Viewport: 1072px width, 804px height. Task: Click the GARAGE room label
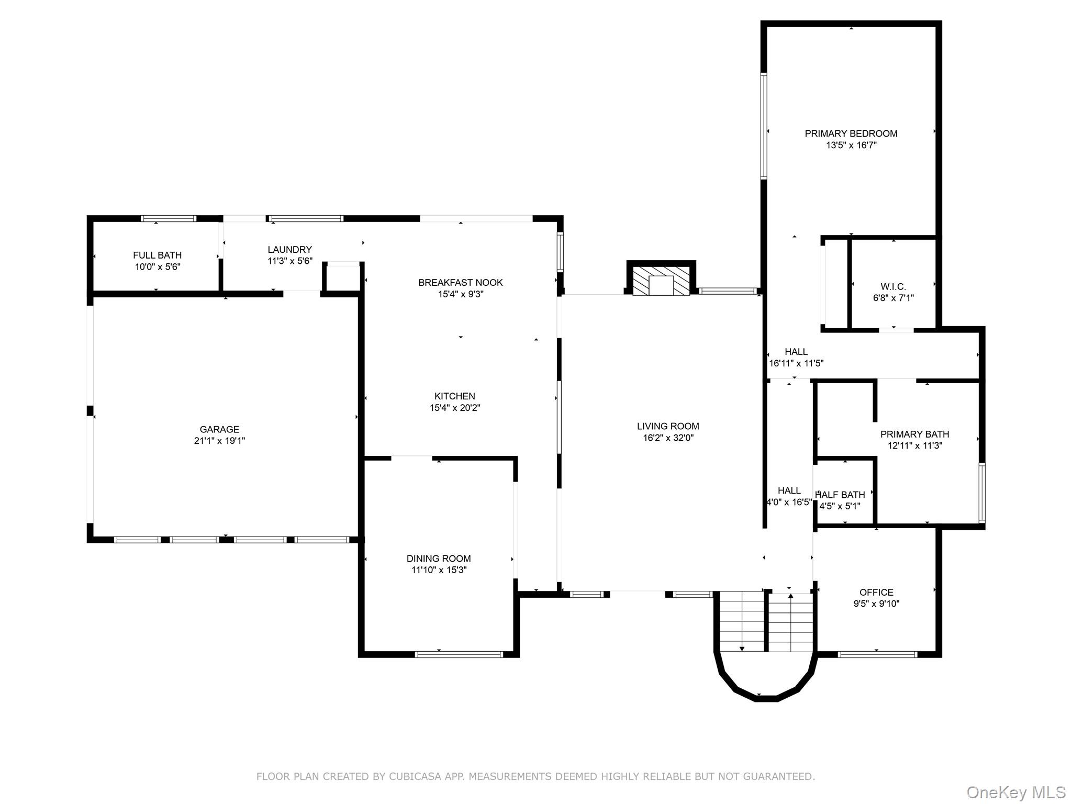tap(219, 429)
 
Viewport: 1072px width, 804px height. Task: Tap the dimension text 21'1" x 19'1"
tap(219, 441)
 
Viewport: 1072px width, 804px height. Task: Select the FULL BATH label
tap(157, 255)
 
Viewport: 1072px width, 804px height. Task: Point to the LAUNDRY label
tap(289, 250)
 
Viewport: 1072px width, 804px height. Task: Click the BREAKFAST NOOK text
tap(460, 283)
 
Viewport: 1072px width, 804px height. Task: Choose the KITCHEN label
tap(454, 396)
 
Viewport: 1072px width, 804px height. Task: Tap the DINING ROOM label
tap(439, 559)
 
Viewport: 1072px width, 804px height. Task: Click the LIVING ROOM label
tap(668, 426)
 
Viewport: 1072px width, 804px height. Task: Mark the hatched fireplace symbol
tap(661, 282)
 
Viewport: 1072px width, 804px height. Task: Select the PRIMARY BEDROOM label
tap(851, 133)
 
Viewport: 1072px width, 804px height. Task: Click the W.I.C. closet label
tap(893, 286)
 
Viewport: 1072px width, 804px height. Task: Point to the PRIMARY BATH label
tap(914, 434)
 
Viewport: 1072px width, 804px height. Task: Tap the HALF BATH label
tap(841, 495)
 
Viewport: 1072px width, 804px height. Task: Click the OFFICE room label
tap(876, 592)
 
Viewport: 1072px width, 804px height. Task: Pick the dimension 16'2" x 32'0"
tap(668, 438)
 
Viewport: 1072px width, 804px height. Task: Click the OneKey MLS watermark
tap(1015, 792)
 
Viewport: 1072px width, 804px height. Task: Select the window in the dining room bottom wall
tap(459, 654)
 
